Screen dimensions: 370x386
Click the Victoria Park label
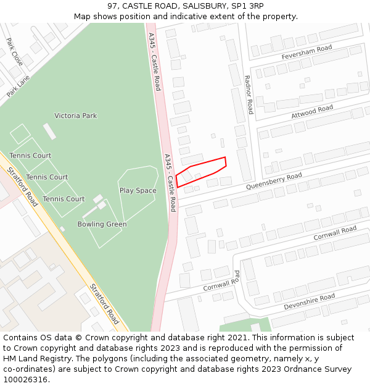(76, 115)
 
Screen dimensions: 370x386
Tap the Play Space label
(138, 191)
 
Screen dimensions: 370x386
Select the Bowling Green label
(102, 224)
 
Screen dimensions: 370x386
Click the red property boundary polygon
(201, 172)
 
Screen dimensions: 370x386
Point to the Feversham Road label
(306, 52)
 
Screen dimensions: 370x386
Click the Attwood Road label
(312, 112)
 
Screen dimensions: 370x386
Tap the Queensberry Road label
(274, 181)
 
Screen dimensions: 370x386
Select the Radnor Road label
(249, 94)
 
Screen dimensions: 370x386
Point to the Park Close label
(15, 52)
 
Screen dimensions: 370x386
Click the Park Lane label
(18, 86)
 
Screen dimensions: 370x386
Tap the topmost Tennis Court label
(30, 156)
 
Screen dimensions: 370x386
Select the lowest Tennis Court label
(64, 199)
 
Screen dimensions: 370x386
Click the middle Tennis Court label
(47, 177)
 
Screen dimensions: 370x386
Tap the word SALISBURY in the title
(190, 6)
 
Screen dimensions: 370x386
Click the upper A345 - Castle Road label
(155, 62)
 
